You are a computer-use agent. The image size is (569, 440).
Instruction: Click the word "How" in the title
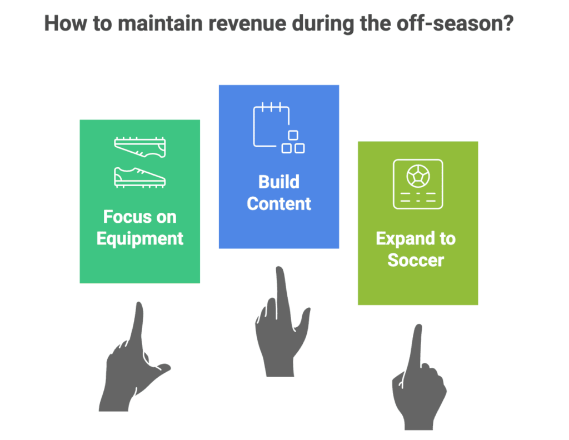coord(62,26)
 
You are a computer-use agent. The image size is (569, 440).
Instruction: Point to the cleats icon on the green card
coord(139,161)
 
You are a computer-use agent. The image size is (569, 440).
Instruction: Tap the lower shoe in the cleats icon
coord(139,177)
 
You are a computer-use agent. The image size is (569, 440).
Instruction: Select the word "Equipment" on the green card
coord(139,239)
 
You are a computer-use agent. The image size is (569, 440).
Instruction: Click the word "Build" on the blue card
coord(279,182)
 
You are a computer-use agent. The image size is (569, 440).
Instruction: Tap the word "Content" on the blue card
coord(279,203)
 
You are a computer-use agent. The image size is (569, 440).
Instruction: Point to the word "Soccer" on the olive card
coord(416,259)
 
